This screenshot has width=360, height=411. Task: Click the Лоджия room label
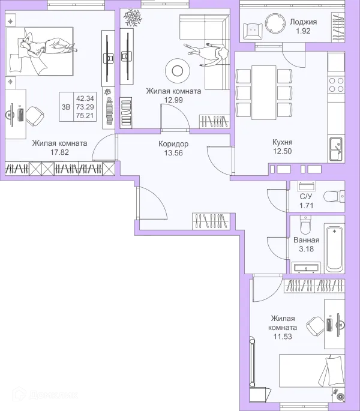(x=303, y=22)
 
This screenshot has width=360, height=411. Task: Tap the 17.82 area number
(x=59, y=152)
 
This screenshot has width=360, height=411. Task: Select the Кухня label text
(x=283, y=142)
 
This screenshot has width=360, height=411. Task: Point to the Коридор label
(x=173, y=144)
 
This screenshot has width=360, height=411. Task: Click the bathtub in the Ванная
(x=334, y=250)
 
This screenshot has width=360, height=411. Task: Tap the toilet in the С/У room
(x=334, y=197)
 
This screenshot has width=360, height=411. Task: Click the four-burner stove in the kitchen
(x=337, y=85)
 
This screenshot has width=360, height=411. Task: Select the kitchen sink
(x=336, y=149)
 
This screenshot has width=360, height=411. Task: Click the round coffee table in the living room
(x=178, y=71)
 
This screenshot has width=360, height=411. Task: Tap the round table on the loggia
(x=275, y=23)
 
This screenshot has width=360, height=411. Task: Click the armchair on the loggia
(x=253, y=31)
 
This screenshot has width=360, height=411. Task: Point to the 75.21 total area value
(x=85, y=116)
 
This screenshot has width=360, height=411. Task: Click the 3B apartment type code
(x=66, y=107)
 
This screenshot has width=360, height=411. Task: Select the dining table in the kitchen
(x=264, y=92)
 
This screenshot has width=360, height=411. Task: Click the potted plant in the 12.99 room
(x=133, y=17)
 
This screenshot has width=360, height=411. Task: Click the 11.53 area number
(x=283, y=336)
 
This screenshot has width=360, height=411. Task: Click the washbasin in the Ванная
(x=306, y=268)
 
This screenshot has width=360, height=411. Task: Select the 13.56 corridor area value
(x=173, y=153)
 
